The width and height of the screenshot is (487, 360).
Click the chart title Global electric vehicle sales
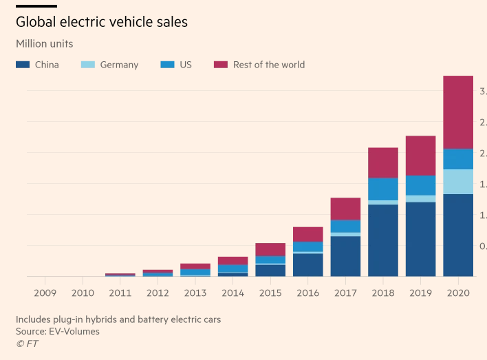pos(102,22)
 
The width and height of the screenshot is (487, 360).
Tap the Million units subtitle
pos(44,44)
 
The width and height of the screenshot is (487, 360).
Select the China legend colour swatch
pos(23,65)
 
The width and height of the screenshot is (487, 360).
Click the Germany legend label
pos(119,65)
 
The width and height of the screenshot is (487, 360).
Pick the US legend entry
pos(186,65)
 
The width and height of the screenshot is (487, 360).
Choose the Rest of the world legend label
pos(268,65)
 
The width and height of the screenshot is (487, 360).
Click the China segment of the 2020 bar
pos(458,235)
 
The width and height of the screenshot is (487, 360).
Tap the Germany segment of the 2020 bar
pos(458,182)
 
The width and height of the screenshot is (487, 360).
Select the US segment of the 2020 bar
pos(458,159)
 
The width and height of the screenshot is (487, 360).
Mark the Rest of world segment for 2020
pos(458,112)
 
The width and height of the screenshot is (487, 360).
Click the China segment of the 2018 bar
pos(383,240)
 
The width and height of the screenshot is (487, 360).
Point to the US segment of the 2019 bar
pos(420,185)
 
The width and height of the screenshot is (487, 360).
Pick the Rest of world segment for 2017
pos(345,209)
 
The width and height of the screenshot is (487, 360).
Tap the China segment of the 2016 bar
pos(308,264)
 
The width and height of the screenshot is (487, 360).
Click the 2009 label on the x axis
pos(45,293)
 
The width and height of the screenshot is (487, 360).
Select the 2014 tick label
pos(232,293)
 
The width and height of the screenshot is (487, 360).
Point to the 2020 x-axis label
pos(458,293)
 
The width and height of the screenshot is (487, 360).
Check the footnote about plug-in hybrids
pos(118,319)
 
